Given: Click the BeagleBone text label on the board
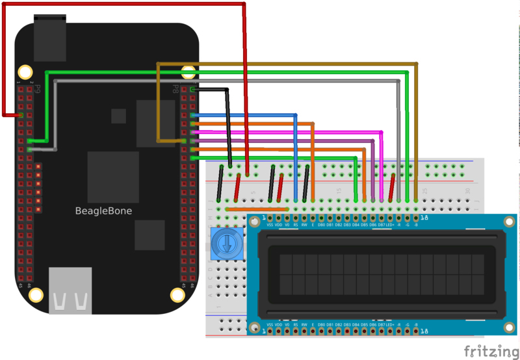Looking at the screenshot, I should [x=103, y=211].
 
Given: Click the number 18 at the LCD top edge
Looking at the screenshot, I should [x=424, y=218].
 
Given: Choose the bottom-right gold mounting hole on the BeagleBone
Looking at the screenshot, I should [x=177, y=294].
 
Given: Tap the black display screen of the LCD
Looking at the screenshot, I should [x=382, y=274].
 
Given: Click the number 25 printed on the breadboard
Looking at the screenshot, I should [x=424, y=190].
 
